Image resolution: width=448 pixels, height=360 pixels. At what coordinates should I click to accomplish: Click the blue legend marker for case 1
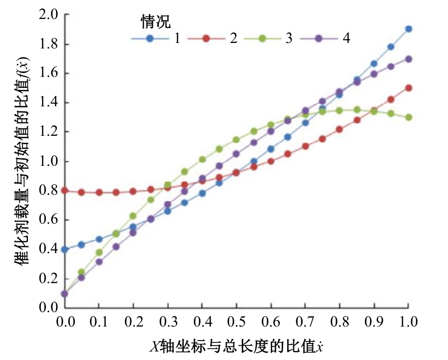pyautogui.click(x=149, y=39)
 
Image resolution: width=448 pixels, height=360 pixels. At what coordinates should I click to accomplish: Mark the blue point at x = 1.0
pyautogui.click(x=409, y=29)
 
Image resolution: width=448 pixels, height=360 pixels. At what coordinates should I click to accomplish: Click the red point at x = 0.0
pyautogui.click(x=64, y=191)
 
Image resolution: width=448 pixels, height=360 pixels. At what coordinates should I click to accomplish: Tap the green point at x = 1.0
pyautogui.click(x=409, y=117)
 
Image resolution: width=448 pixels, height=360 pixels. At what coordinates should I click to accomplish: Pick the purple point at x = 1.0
pyautogui.click(x=409, y=59)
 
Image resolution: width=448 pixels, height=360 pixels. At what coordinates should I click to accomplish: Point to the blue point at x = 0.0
pyautogui.click(x=64, y=249)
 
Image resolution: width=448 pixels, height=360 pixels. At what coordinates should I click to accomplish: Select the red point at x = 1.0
pyautogui.click(x=409, y=88)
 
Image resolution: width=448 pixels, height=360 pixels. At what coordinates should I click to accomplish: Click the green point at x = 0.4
pyautogui.click(x=202, y=160)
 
